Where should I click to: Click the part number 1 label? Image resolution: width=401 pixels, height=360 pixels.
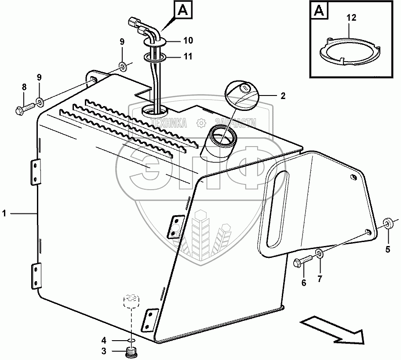(x=4, y=213)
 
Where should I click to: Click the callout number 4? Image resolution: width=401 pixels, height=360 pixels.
(x=104, y=340)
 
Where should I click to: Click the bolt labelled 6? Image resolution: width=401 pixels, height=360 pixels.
(x=303, y=263)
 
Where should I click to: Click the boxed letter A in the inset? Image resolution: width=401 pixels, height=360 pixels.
(x=319, y=10)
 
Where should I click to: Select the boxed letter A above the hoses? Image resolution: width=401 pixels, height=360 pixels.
(x=182, y=10)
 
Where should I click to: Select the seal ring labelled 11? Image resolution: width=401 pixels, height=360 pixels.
(x=154, y=58)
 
